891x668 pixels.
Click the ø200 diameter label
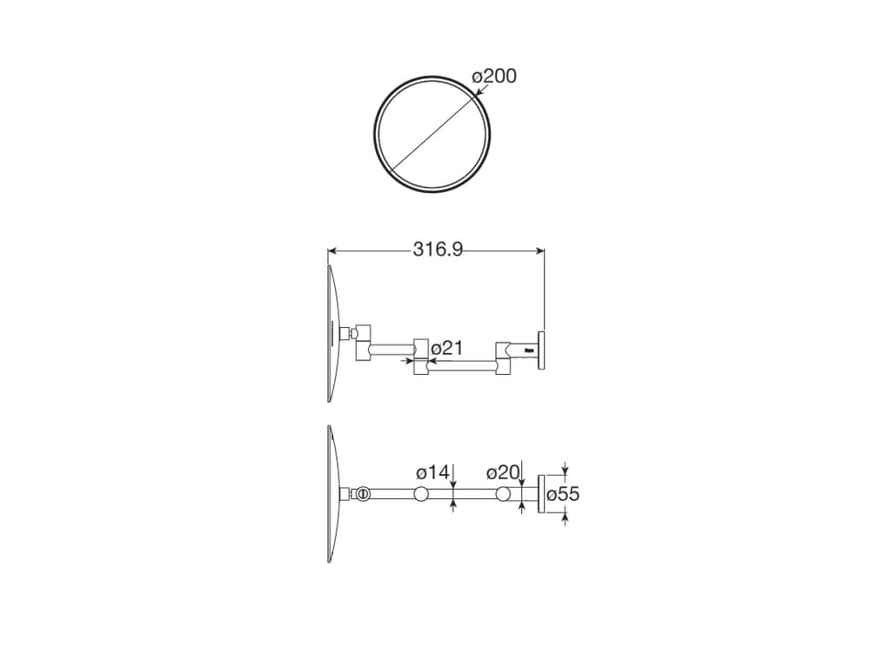[x=494, y=76]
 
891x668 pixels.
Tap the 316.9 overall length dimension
[x=438, y=250]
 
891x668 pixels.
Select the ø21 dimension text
[x=447, y=348]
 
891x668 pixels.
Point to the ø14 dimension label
[x=432, y=472]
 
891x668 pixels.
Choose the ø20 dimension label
[x=504, y=472]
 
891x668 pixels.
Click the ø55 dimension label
[x=563, y=494]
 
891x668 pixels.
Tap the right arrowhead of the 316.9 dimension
[x=539, y=250]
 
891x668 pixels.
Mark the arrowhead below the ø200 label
[x=479, y=90]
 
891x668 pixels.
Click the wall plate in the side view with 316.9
[x=541, y=350]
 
